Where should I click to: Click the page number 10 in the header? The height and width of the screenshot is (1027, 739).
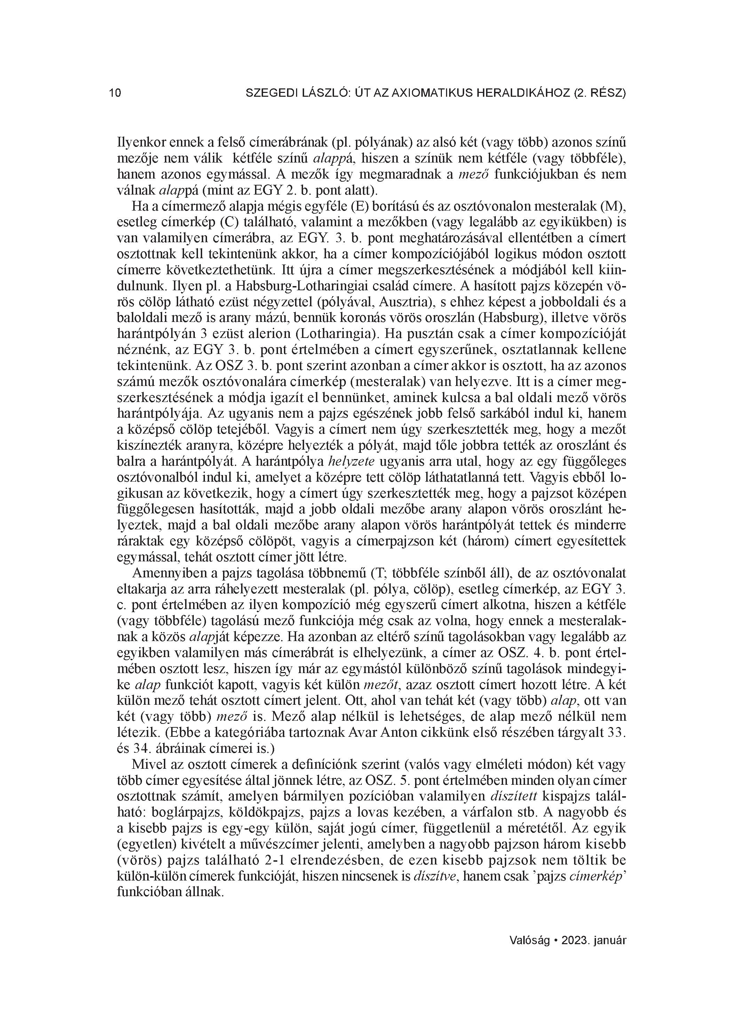pyautogui.click(x=115, y=93)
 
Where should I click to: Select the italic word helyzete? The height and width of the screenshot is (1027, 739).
pyautogui.click(x=351, y=461)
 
